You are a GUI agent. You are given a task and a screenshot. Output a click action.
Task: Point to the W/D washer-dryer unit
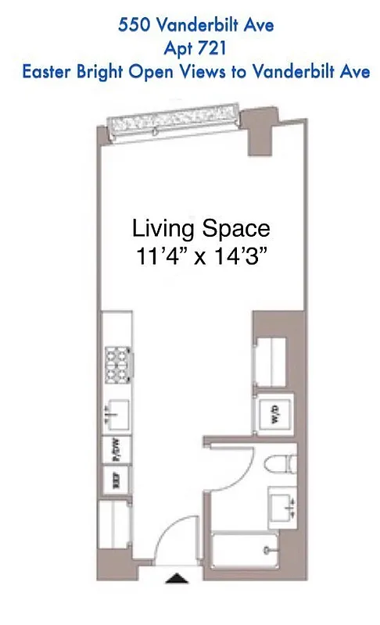tap(275, 413)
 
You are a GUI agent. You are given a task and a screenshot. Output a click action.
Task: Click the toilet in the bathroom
tap(278, 466)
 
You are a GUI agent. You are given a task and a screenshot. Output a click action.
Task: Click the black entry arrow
tap(178, 578)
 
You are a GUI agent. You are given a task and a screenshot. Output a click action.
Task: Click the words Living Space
tap(201, 229)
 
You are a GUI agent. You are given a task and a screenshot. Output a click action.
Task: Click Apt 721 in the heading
tap(195, 48)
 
